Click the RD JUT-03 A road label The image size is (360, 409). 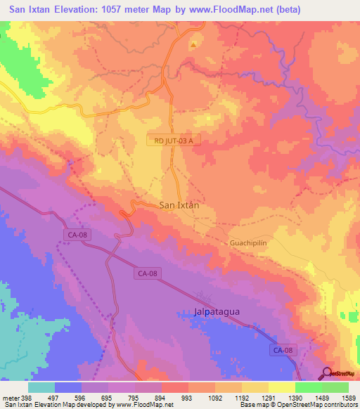[x=174, y=141]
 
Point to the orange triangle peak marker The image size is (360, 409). [x=193, y=45]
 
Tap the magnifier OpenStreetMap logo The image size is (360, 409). [x=328, y=374]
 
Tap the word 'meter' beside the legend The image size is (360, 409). [x=10, y=398]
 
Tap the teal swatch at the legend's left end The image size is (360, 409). [x=41, y=387]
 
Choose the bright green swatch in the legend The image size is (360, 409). [x=308, y=387]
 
